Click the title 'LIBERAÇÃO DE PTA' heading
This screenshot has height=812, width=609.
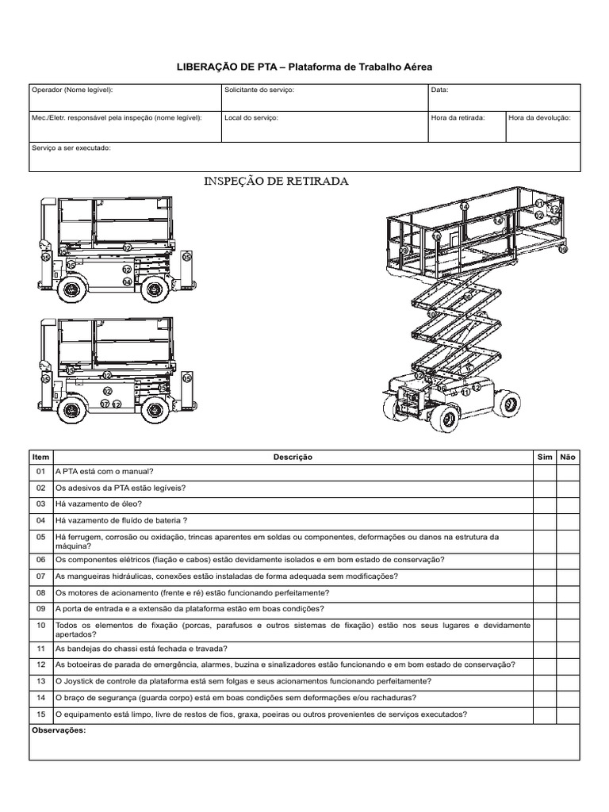tap(304, 69)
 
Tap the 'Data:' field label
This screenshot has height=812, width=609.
tap(440, 90)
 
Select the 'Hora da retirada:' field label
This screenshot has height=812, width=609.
tap(457, 117)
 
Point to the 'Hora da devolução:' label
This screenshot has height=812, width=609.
tap(539, 117)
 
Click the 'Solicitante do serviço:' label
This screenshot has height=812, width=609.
tap(259, 90)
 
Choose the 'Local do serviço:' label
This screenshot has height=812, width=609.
tap(251, 117)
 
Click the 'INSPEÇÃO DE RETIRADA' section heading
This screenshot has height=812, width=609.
tap(276, 182)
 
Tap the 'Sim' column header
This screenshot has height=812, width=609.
tap(545, 457)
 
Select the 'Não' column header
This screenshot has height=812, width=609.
tap(568, 457)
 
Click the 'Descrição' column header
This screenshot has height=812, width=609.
tap(293, 457)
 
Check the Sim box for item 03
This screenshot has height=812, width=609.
tap(545, 504)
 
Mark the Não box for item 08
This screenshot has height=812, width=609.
tap(568, 592)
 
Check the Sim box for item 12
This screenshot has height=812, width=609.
tap(545, 665)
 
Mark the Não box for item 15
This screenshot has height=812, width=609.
tap(568, 714)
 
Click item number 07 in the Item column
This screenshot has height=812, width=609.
tap(41, 576)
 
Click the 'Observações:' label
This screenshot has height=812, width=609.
tap(57, 730)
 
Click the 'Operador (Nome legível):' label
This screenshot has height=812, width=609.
tap(71, 90)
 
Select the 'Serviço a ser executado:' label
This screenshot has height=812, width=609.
tap(71, 148)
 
